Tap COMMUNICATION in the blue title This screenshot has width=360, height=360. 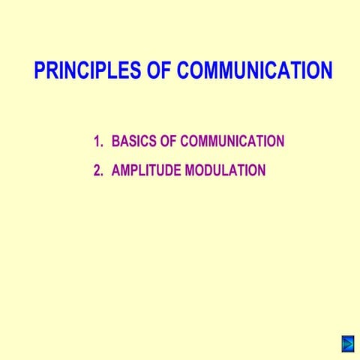pyautogui.click(x=253, y=71)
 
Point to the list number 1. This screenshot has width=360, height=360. pyautogui.click(x=97, y=142)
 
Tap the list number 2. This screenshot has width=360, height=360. pyautogui.click(x=97, y=170)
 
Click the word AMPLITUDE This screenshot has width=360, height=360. pyautogui.click(x=145, y=170)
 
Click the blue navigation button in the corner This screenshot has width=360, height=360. pyautogui.click(x=347, y=343)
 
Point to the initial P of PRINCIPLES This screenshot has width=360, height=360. pyautogui.click(x=40, y=71)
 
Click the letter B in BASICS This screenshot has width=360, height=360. pyautogui.click(x=115, y=142)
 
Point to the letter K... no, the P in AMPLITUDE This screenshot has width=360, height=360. pyautogui.click(x=135, y=170)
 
